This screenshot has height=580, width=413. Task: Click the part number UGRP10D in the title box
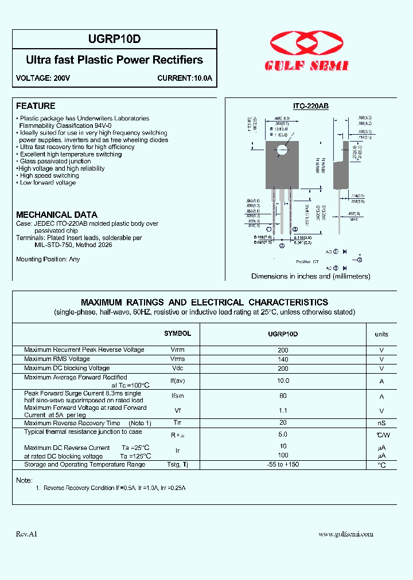coord(115,40)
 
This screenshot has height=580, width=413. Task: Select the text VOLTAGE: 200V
coord(43,78)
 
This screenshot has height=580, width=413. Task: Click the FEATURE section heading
coord(36,106)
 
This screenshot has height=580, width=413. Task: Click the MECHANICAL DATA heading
coord(56,214)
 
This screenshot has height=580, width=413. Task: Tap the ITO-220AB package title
coord(310,107)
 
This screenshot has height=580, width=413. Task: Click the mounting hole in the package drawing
coord(282,151)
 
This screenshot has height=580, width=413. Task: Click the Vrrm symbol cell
coord(178,350)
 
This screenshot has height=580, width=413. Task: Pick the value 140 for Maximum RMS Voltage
coord(283,359)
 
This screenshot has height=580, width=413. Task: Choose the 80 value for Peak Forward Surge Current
coord(283,396)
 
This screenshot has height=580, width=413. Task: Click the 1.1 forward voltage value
coord(283,411)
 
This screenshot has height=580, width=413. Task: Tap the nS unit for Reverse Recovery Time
coord(381,424)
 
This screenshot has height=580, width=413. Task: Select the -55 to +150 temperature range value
coord(283,464)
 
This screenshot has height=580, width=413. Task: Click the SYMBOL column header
coord(178,334)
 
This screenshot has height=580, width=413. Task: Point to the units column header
coord(381,334)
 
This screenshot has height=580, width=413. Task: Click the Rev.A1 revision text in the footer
coord(26,534)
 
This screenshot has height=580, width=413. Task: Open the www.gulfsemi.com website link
coord(345,534)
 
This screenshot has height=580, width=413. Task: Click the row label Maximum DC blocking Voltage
coord(67,368)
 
